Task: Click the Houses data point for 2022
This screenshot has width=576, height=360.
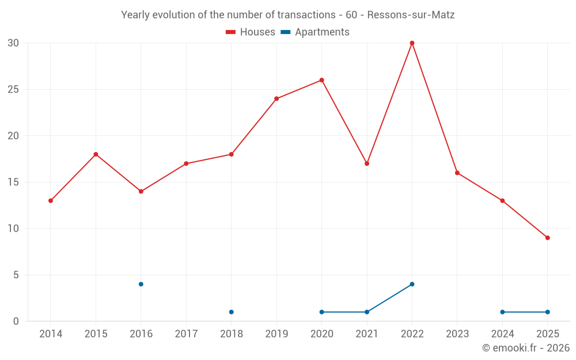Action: click(412, 43)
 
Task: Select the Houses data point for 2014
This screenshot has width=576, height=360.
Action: click(51, 200)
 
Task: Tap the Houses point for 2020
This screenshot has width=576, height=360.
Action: click(321, 80)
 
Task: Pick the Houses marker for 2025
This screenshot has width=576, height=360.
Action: click(547, 238)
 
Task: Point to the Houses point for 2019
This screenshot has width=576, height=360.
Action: click(276, 98)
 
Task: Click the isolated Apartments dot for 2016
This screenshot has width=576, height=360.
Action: click(141, 284)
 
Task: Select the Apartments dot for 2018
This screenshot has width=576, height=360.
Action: click(231, 312)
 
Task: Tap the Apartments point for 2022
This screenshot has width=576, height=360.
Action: click(412, 284)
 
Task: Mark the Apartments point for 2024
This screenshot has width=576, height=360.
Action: click(502, 312)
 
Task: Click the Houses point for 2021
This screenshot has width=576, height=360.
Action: click(367, 164)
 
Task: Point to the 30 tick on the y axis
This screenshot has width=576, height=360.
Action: click(13, 43)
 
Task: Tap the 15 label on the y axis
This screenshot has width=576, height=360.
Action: click(13, 182)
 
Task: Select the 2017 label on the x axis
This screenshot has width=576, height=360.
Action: click(186, 334)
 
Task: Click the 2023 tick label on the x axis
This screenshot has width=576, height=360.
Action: click(457, 334)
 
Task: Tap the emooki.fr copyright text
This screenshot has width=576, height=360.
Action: click(526, 348)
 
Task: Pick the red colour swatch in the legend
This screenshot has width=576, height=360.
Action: click(231, 32)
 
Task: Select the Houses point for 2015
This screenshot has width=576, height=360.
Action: click(96, 154)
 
